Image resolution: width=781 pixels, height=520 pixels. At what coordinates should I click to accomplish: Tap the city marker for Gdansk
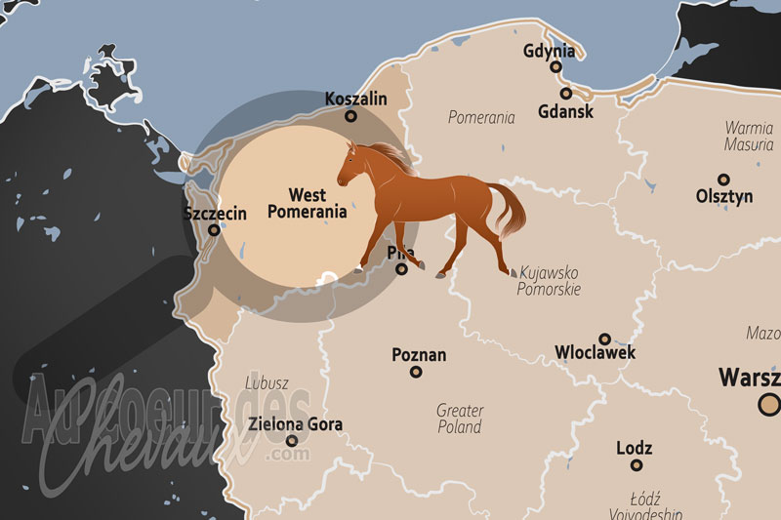click(x=566, y=95)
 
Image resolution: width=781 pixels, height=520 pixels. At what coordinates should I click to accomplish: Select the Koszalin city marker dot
click(x=351, y=116)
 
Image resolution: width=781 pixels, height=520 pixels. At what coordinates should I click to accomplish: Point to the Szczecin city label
click(x=215, y=213)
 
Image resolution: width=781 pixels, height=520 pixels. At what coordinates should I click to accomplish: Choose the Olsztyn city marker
click(x=723, y=180)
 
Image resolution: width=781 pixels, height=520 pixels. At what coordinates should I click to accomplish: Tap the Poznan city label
click(x=418, y=354)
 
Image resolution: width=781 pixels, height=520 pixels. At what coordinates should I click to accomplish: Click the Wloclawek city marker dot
click(x=605, y=339)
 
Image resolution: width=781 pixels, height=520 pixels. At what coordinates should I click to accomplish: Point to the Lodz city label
click(x=635, y=449)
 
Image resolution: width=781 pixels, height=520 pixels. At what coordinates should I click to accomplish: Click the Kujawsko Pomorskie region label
click(x=550, y=281)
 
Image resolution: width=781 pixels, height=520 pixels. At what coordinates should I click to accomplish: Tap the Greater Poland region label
click(x=459, y=419)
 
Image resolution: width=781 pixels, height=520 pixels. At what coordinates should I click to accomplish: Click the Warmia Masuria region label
click(x=749, y=136)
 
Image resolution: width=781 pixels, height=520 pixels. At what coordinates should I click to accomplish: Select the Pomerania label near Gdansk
click(x=481, y=118)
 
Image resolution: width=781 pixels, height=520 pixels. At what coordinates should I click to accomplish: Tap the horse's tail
click(x=510, y=210)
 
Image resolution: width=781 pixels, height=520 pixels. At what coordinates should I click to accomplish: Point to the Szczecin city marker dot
click(x=215, y=231)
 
